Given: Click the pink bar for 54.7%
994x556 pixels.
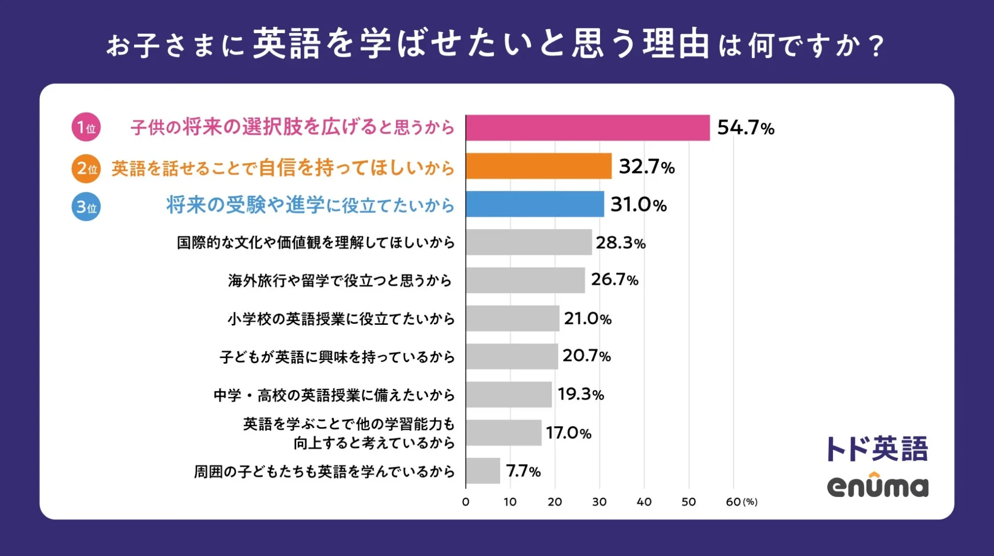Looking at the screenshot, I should pos(588,128).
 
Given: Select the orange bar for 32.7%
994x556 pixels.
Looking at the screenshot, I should pos(538,166).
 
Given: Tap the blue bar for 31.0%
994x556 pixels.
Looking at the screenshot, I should pos(535,204).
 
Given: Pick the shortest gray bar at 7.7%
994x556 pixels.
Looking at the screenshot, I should pos(483,471).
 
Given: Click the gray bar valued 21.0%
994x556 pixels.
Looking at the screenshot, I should pos(513,318).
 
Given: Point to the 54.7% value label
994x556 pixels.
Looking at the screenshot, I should pos(745,128).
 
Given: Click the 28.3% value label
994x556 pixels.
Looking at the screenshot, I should pos(620,243).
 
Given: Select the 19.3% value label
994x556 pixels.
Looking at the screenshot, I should pos(580,395).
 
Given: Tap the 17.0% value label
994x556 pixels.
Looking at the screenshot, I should pos(568,433).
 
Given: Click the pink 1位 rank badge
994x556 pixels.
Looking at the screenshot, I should pos(86,127).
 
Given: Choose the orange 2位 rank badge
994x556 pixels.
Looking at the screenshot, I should pos(86,169).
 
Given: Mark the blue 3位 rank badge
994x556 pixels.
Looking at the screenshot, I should pos(86,207).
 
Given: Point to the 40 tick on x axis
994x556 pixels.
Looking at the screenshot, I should pos(644,502).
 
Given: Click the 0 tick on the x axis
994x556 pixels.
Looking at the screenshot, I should pos(466,502).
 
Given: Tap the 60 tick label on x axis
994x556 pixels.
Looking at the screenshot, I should pos(733,502).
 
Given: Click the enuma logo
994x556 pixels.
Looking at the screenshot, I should pos(878,486).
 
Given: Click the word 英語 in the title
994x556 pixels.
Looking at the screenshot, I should pos(286,44).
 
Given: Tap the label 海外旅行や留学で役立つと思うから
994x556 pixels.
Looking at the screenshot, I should pos(340,280).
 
